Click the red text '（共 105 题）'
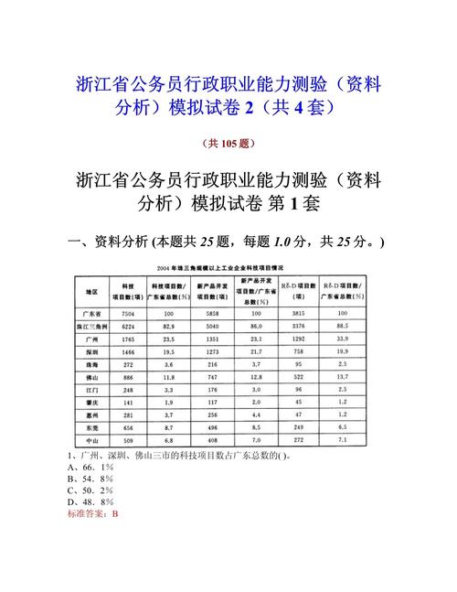228,143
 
